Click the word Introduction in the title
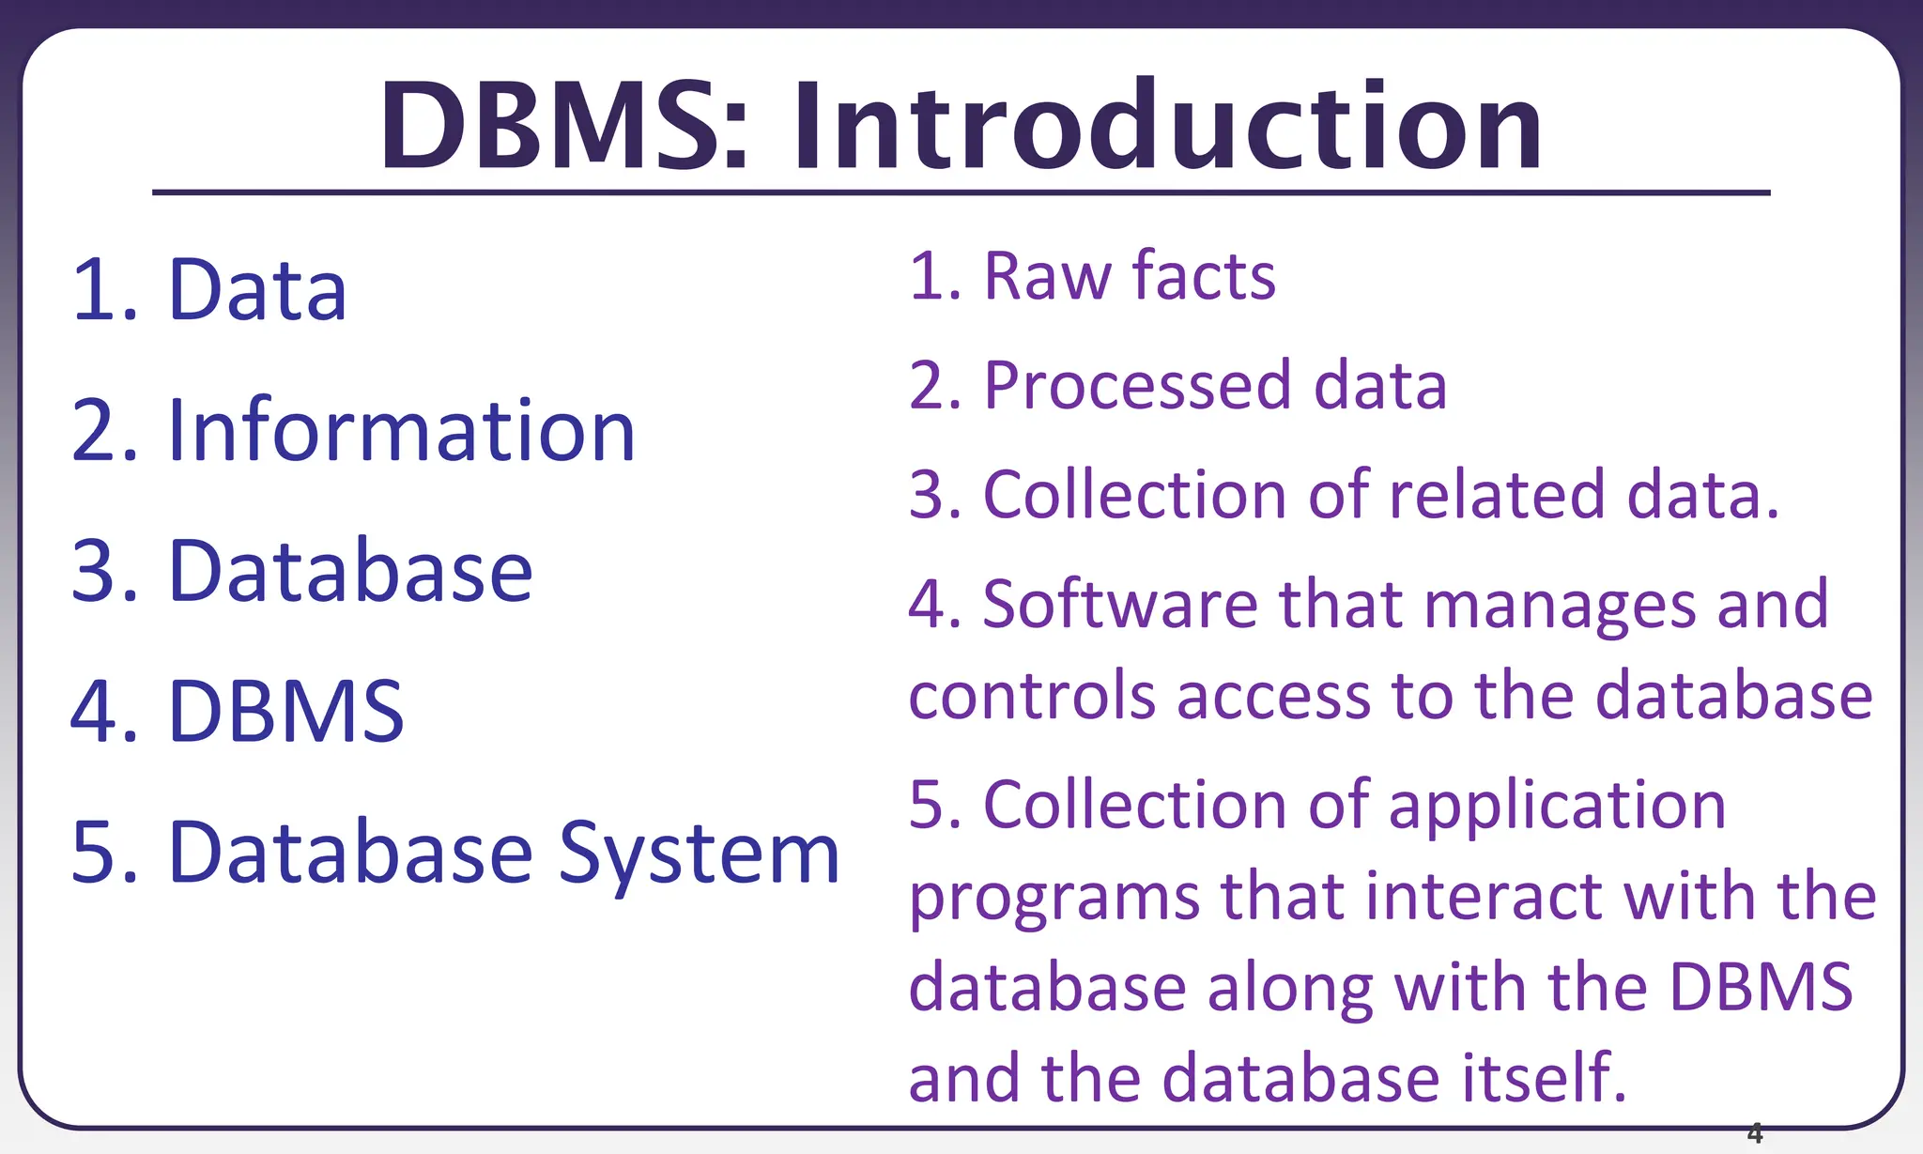coord(1168,127)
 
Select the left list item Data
coord(257,291)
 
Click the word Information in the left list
coord(402,432)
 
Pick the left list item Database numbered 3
coord(350,572)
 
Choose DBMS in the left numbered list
coord(285,712)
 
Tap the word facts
coord(1204,277)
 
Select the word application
coord(1557,808)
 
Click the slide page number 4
coord(1755,1133)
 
